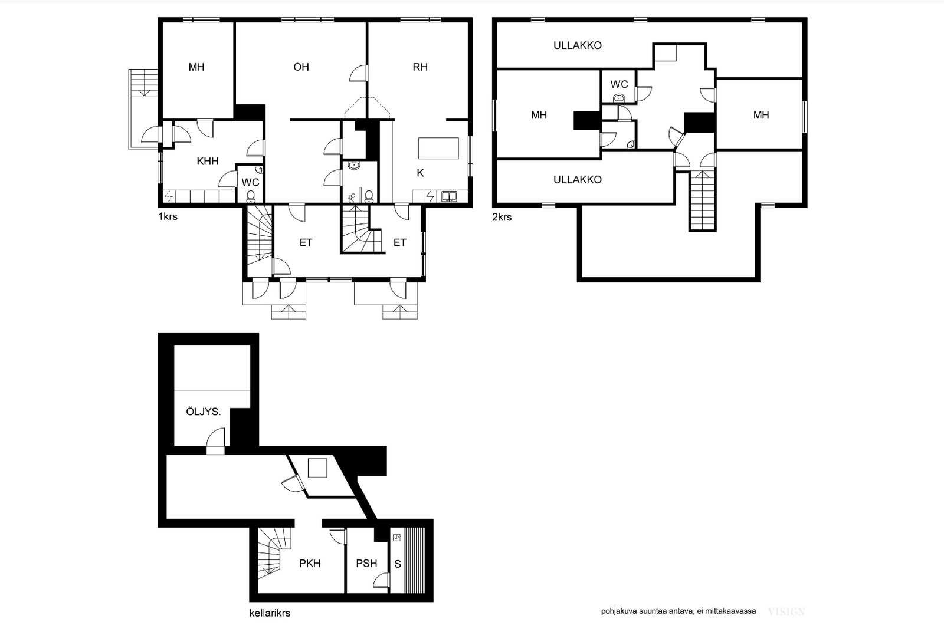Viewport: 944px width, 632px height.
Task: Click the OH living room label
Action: (301, 67)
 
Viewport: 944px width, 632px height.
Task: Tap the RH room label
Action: (420, 67)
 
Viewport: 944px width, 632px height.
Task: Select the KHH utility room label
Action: (208, 161)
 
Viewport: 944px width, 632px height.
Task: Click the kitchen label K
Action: (420, 173)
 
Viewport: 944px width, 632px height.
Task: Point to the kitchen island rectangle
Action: (438, 148)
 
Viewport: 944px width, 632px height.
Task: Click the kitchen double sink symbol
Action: (449, 196)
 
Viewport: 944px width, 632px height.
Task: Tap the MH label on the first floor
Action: (196, 67)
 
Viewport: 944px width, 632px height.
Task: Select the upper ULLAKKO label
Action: (578, 45)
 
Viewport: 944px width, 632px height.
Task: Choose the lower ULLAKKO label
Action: (578, 180)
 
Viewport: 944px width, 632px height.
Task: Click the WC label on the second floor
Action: (619, 84)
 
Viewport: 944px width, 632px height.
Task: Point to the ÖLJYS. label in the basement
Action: (203, 412)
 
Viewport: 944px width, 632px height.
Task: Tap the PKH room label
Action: (310, 564)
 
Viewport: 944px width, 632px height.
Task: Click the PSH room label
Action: (366, 564)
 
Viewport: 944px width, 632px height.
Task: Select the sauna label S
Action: (398, 564)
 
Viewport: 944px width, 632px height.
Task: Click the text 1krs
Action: (168, 217)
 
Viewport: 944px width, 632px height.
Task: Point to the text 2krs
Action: (501, 218)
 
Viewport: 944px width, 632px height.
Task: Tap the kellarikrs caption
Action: (270, 613)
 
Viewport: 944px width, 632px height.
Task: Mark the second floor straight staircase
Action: (703, 200)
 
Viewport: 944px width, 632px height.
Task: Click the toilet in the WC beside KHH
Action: (251, 196)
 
